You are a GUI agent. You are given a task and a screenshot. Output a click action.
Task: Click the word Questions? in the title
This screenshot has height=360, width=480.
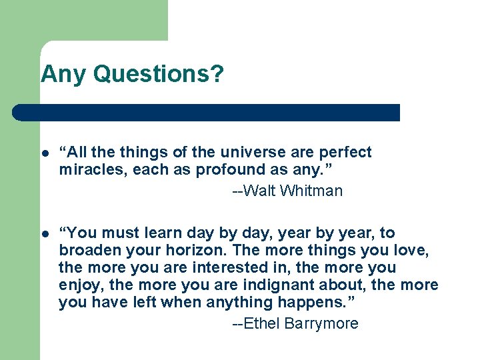159,74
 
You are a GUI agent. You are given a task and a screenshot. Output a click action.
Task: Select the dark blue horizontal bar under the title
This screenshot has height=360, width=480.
206,113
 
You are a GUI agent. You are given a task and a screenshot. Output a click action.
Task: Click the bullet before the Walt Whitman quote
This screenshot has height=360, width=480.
45,153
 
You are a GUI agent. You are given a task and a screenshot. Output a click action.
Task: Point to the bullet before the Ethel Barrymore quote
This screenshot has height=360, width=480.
45,233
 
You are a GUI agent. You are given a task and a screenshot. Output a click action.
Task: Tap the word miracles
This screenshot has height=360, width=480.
91,169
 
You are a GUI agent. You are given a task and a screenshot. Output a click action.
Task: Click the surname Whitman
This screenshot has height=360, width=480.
311,191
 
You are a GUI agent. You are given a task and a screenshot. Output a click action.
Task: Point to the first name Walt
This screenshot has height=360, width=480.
260,191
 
